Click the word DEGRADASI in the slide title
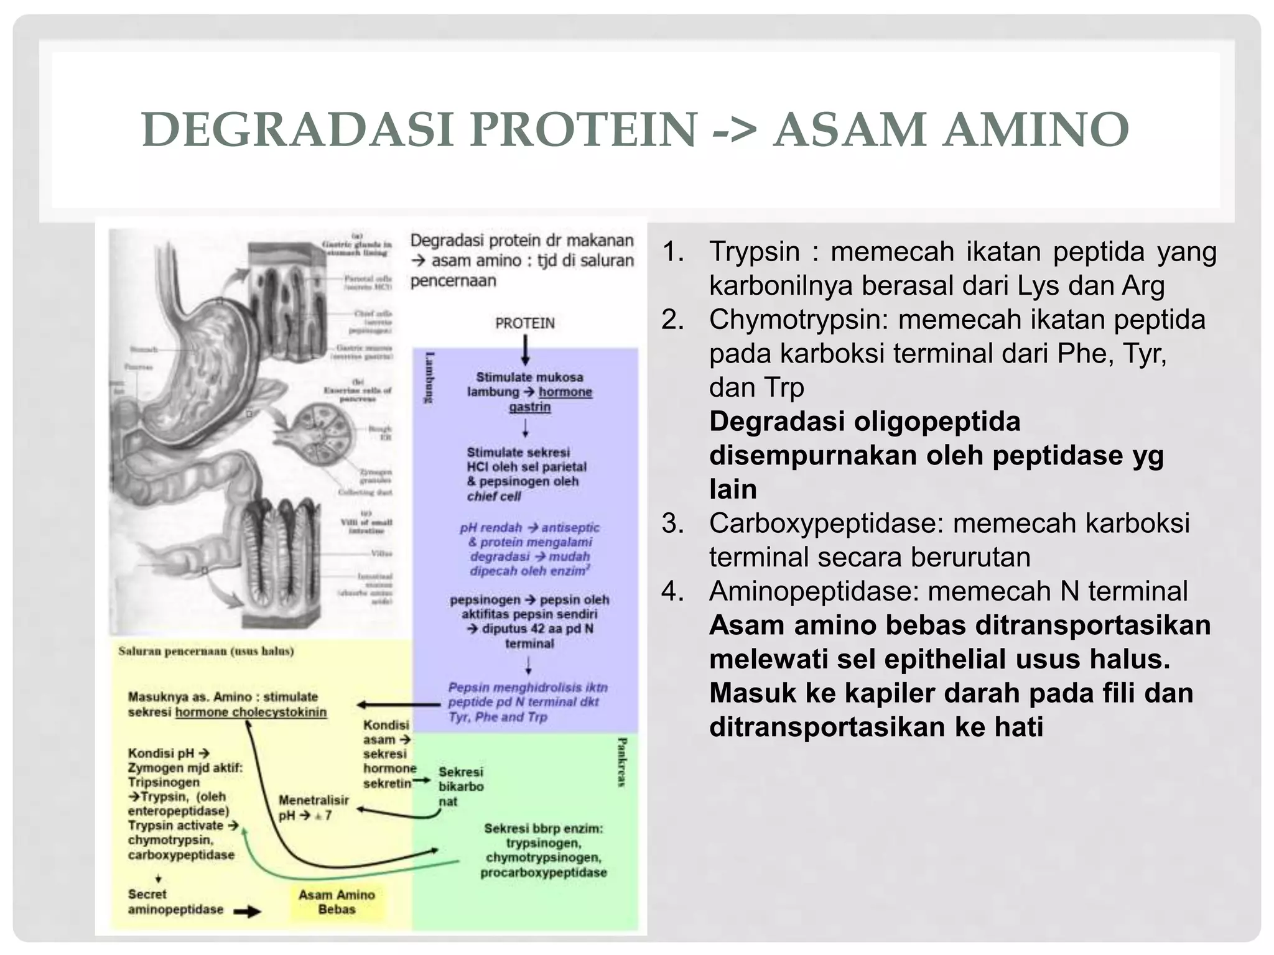tap(297, 129)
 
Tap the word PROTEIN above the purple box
tap(524, 323)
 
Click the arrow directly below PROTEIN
tap(526, 350)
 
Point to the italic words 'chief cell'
tap(494, 496)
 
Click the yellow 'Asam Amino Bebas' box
tap(337, 902)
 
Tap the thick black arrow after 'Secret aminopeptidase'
tap(247, 911)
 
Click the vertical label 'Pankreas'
tap(621, 762)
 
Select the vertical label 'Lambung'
tap(429, 378)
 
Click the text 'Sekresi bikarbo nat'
tap(460, 787)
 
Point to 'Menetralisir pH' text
tap(313, 808)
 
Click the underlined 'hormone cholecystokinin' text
tap(251, 713)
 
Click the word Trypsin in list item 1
tap(754, 252)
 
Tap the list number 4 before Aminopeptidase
tap(672, 591)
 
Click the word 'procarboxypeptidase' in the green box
tap(543, 872)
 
